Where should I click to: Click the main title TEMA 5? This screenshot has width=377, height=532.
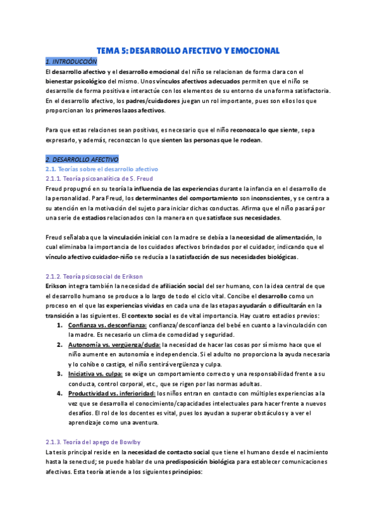point(188,50)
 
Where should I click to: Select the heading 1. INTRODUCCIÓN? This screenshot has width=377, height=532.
point(71,61)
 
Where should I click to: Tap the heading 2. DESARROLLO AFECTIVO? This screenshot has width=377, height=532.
point(82,159)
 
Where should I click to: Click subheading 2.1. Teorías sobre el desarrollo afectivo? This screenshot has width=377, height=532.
point(102,169)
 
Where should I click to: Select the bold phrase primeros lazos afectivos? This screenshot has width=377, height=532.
point(129,110)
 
